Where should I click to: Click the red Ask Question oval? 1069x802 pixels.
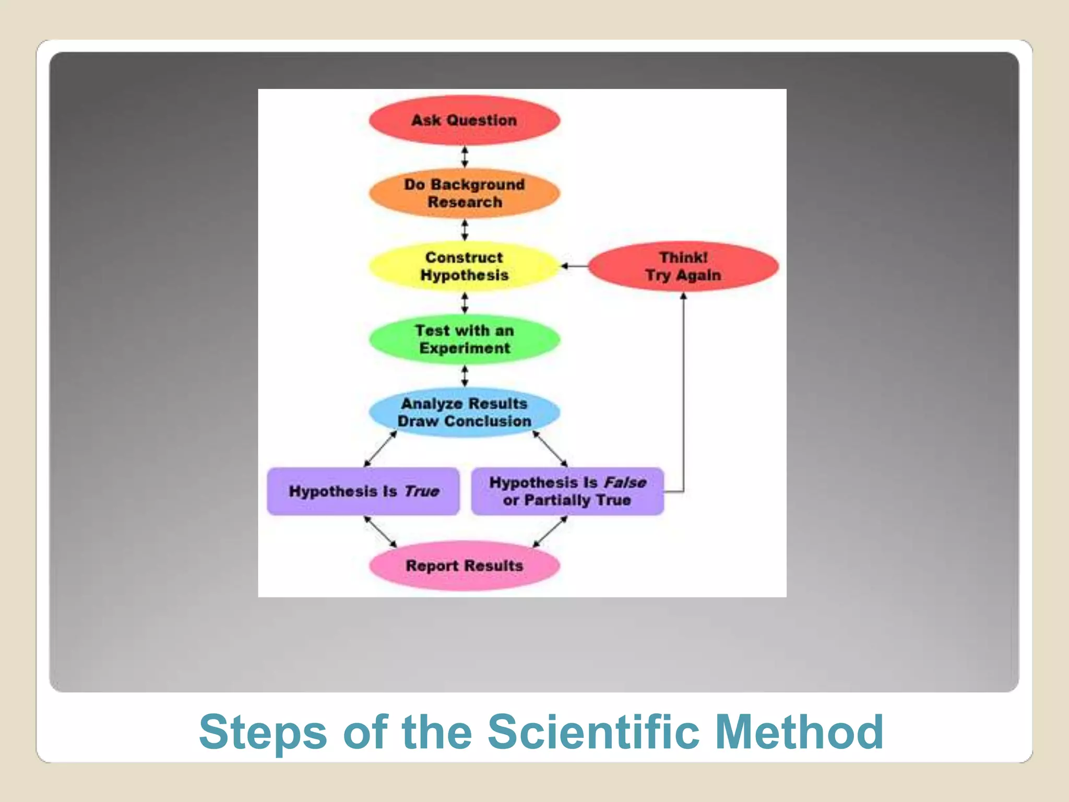[464, 120]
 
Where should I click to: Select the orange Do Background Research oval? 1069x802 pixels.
[464, 193]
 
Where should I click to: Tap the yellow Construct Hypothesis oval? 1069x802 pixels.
[464, 266]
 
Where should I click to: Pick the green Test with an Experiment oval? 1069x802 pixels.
[464, 339]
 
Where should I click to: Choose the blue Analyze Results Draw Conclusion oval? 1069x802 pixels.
[464, 412]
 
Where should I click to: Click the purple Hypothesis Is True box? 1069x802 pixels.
[363, 491]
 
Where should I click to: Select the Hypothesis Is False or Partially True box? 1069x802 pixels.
[567, 491]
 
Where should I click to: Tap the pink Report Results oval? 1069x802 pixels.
[464, 565]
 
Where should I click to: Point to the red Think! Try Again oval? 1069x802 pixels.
[683, 266]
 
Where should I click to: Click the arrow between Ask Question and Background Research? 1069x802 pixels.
[465, 157]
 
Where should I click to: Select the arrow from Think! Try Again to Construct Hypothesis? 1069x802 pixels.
[574, 266]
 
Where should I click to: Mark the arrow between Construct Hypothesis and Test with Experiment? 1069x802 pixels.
[465, 303]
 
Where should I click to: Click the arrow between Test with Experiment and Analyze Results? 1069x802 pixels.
[465, 376]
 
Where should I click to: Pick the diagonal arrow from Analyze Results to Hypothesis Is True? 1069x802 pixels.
[381, 449]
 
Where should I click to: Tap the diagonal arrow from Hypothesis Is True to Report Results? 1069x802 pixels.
[381, 532]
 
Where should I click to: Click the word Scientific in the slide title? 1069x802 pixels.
[593, 732]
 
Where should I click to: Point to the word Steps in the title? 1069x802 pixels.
[263, 732]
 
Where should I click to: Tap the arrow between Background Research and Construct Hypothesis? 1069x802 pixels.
[465, 230]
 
